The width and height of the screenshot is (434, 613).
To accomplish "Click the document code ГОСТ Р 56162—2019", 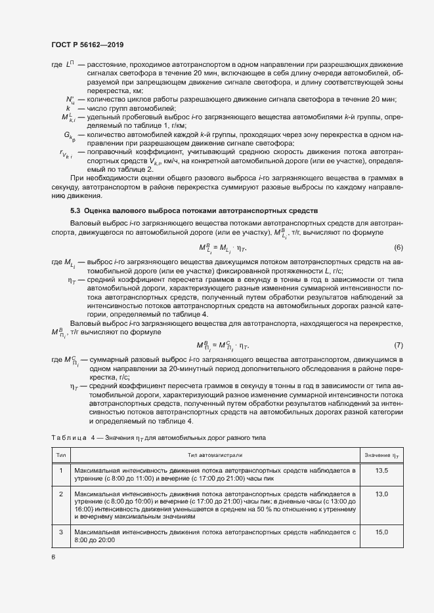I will coord(87,45).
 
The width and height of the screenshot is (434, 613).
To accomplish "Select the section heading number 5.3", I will coord(77,210).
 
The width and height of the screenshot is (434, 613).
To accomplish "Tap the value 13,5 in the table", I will coord(381,471).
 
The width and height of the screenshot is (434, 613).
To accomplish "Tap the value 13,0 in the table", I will coord(381,494).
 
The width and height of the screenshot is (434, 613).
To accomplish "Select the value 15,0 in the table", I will coord(381,532).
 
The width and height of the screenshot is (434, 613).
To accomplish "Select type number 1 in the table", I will coord(61,471).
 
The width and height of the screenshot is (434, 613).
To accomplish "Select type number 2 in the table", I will coord(61,494).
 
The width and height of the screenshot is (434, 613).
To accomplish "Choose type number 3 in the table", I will coord(61,532).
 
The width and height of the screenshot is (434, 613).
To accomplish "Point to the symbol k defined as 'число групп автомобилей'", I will coord(68,108).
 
